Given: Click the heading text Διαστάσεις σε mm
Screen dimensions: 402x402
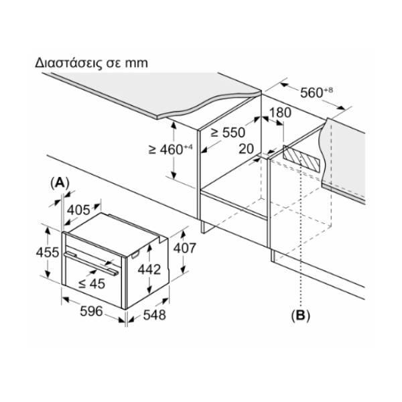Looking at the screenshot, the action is click(91, 63).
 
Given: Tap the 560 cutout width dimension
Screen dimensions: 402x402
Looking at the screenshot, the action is click(316, 92).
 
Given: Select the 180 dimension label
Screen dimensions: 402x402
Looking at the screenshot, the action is click(280, 113).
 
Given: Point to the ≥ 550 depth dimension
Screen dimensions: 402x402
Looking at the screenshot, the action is click(228, 133).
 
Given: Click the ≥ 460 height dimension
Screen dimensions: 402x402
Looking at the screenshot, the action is click(170, 149).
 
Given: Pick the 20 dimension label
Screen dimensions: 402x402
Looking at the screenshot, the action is click(246, 149).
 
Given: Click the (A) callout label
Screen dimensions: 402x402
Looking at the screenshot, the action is click(60, 183).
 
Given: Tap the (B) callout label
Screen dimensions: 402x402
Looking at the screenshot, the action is click(300, 315).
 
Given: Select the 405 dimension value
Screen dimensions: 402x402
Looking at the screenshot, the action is click(78, 210).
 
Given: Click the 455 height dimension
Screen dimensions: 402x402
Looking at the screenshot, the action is click(48, 253).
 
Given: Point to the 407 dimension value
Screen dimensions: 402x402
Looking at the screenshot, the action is click(185, 248).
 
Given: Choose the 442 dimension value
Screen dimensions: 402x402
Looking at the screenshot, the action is click(149, 269).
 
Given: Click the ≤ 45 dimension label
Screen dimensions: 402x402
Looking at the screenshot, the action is click(92, 283).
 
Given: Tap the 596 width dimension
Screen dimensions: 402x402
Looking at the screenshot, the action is click(92, 312).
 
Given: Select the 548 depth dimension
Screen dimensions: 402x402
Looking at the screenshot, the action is click(155, 315).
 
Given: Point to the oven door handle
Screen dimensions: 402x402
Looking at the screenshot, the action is click(91, 263).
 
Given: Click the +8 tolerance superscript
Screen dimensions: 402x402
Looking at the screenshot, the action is click(328, 90).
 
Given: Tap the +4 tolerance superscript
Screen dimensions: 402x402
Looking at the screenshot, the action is click(188, 147).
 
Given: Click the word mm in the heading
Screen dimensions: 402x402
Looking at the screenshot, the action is click(137, 64).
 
